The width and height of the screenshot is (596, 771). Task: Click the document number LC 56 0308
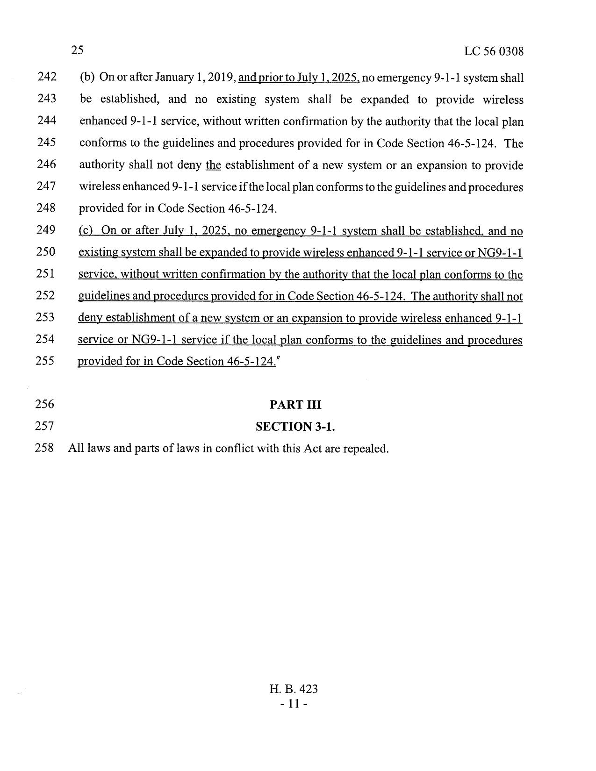pyautogui.click(x=494, y=51)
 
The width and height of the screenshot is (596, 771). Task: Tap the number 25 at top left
pyautogui.click(x=77, y=50)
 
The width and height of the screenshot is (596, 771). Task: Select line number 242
pyautogui.click(x=46, y=77)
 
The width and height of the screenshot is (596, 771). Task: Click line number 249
pyautogui.click(x=46, y=230)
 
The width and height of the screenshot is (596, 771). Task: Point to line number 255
pyautogui.click(x=46, y=361)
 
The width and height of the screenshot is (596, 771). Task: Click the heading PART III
pyautogui.click(x=295, y=405)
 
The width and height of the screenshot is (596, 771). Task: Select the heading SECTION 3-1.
pyautogui.click(x=295, y=426)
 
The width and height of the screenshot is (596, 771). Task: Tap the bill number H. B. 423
pyautogui.click(x=294, y=689)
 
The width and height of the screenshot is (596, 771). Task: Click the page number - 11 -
pyautogui.click(x=294, y=703)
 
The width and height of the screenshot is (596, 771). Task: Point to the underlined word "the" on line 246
pyautogui.click(x=213, y=165)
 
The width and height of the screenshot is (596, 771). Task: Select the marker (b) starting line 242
pyautogui.click(x=87, y=77)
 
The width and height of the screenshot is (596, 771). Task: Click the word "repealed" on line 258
pyautogui.click(x=366, y=449)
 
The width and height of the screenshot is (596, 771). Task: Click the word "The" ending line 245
pyautogui.click(x=514, y=143)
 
